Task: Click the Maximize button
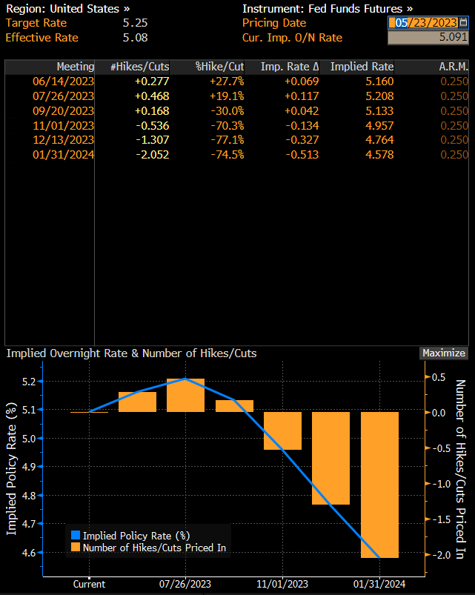[444, 353]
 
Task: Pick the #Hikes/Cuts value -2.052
[151, 154]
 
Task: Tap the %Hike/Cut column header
[219, 67]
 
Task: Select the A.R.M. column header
[453, 67]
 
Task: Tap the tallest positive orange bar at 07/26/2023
[185, 395]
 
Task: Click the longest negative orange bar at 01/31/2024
[379, 485]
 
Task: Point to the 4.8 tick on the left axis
[29, 495]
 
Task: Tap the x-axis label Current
[89, 584]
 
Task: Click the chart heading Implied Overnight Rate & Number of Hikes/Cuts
[131, 353]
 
